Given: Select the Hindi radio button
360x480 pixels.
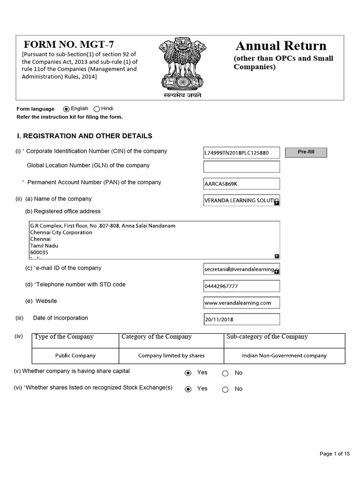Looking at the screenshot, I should pos(97,109).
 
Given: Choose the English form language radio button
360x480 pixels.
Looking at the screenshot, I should pos(66,109).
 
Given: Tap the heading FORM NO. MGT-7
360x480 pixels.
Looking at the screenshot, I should pos(69,45).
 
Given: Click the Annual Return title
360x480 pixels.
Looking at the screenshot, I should pos(281,46).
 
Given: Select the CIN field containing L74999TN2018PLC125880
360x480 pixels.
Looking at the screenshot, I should pos(241,153).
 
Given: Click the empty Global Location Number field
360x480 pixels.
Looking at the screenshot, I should pos(241,167).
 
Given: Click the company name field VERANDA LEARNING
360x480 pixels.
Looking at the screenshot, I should pos(241,200).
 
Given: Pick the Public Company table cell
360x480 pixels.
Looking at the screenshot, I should pos(75,356).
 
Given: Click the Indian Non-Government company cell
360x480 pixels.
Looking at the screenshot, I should pos(284,356).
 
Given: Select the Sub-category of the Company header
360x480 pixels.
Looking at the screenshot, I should pos(267,337).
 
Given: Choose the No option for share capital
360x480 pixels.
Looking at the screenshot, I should pos(225,373).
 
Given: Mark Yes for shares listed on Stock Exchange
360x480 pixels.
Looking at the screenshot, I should pos(188,389).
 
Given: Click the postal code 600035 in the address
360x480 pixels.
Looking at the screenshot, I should pos(39,252).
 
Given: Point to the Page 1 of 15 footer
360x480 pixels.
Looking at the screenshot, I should pos(335,454).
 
